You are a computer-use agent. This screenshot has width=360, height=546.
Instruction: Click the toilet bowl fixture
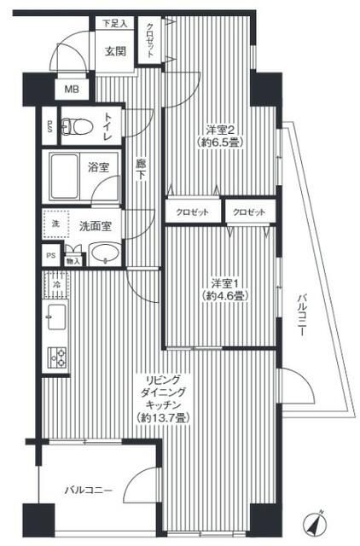78,127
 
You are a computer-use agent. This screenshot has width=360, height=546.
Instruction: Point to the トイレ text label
109,127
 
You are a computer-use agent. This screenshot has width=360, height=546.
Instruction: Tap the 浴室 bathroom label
99,167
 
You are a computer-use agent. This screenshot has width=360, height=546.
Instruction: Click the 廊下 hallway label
142,171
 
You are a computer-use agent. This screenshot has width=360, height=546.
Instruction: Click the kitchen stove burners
57,359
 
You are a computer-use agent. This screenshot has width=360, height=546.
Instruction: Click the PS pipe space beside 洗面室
49,255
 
